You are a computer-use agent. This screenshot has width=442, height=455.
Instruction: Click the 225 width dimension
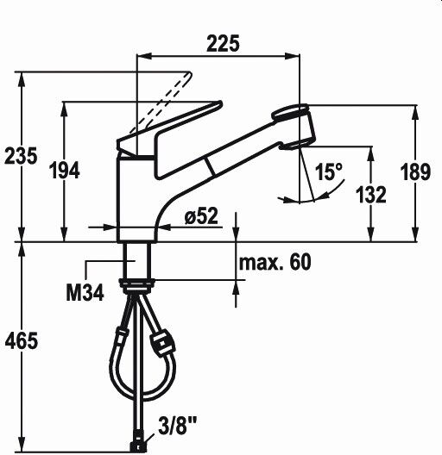coord(223,44)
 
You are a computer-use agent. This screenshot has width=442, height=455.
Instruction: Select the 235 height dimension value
coord(21,156)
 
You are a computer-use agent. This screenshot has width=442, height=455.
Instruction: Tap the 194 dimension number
coord(64,171)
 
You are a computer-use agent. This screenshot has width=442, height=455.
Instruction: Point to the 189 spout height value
coord(415,171)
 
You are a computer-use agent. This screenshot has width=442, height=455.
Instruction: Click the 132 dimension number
coord(371,195)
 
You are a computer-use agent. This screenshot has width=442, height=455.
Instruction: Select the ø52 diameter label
coord(201,216)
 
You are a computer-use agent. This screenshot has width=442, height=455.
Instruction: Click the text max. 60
coord(275,262)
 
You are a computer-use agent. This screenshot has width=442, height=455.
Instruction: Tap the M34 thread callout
coord(85,293)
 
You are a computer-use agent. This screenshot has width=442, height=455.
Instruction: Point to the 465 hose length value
coord(22,340)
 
